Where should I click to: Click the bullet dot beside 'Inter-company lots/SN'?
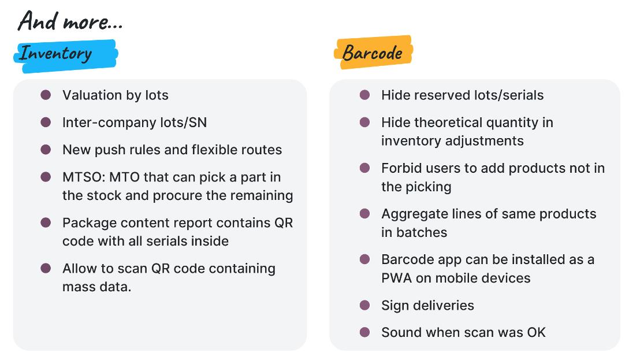(x=46, y=123)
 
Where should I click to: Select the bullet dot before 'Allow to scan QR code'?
(x=46, y=269)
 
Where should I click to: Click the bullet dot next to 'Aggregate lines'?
(x=364, y=213)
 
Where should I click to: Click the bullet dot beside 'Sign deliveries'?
(x=364, y=305)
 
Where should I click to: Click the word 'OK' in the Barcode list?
(x=537, y=332)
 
